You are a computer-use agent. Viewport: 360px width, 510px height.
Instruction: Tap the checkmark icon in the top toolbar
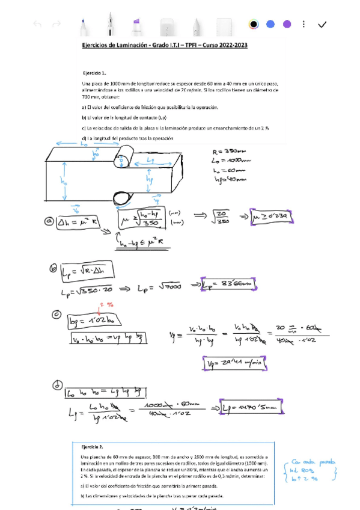(x=322, y=24)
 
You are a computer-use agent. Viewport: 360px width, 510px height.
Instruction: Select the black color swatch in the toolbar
(x=254, y=24)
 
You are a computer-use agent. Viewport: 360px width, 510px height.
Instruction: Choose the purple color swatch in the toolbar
(x=287, y=24)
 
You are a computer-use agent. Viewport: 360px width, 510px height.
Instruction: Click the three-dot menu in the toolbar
(x=304, y=24)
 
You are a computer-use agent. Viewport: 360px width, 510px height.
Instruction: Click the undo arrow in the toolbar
(x=37, y=24)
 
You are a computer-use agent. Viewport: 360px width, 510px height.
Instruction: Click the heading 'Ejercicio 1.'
(x=94, y=71)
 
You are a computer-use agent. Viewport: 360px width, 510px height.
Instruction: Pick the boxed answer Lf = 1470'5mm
(x=251, y=407)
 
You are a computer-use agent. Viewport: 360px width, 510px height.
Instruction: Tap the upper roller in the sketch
(x=122, y=161)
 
